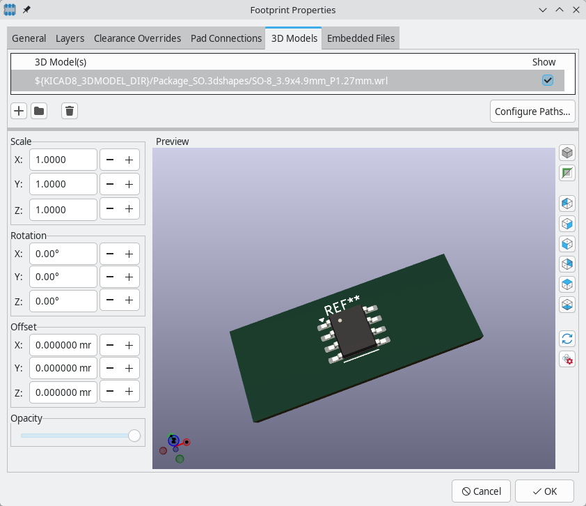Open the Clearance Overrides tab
coord(137,38)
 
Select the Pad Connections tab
coord(226,38)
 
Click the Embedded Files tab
coord(361,38)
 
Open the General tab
coord(29,38)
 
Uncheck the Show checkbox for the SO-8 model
coord(548,81)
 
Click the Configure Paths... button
coord(532,112)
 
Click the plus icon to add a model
coord(19,111)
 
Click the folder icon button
coord(39,111)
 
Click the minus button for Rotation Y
coord(110,277)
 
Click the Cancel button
coord(481,491)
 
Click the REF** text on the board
coord(342,306)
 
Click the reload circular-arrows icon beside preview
coord(567,339)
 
